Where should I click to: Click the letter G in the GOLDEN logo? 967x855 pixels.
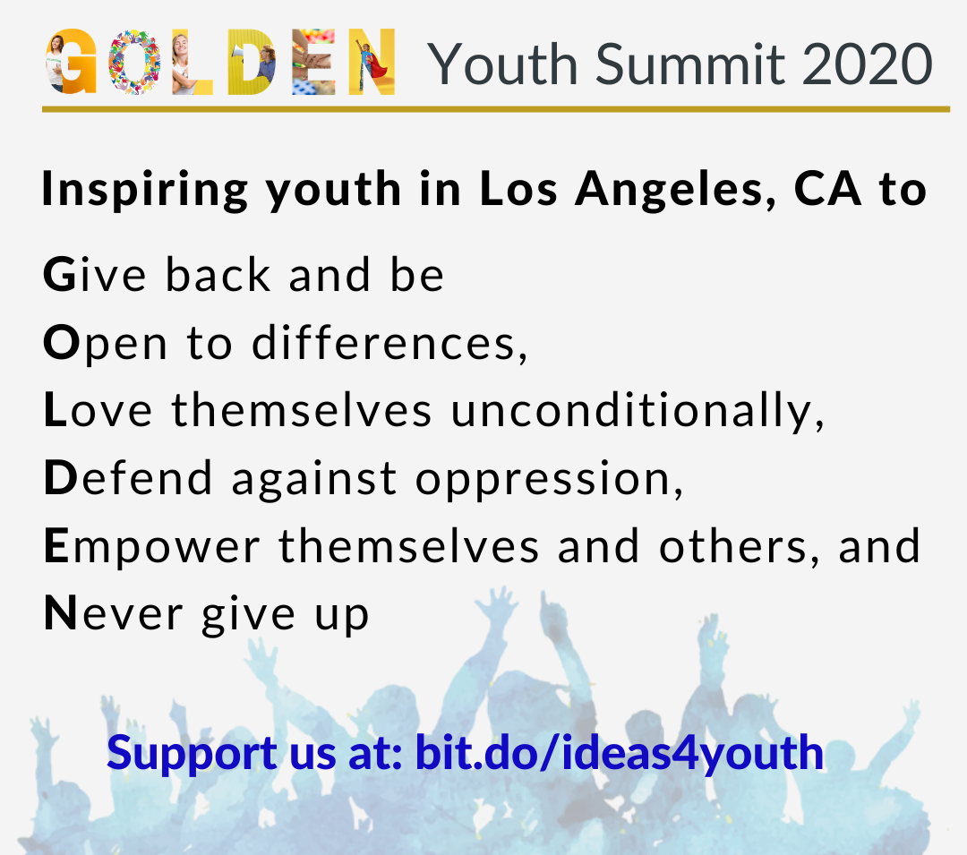(x=73, y=62)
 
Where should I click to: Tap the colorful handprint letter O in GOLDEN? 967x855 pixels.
(x=134, y=62)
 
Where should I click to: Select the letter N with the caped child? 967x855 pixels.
(x=372, y=62)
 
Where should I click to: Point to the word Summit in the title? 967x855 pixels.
(x=690, y=64)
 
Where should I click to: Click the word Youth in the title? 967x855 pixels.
(x=502, y=64)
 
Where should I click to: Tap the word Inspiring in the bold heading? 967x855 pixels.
(x=145, y=190)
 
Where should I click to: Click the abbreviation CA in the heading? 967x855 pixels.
(x=827, y=188)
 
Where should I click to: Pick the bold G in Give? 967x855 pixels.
(x=59, y=274)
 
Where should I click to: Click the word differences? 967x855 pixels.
(x=389, y=342)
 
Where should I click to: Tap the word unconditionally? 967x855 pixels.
(x=638, y=411)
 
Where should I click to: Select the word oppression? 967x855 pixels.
(x=549, y=480)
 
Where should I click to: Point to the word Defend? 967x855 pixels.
(x=128, y=478)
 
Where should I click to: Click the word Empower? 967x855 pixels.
(x=152, y=548)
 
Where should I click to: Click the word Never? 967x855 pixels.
(x=114, y=613)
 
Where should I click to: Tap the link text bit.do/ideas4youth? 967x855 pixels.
(x=620, y=753)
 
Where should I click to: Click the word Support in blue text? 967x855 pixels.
(x=192, y=754)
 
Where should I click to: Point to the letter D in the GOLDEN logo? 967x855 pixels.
(x=251, y=62)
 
